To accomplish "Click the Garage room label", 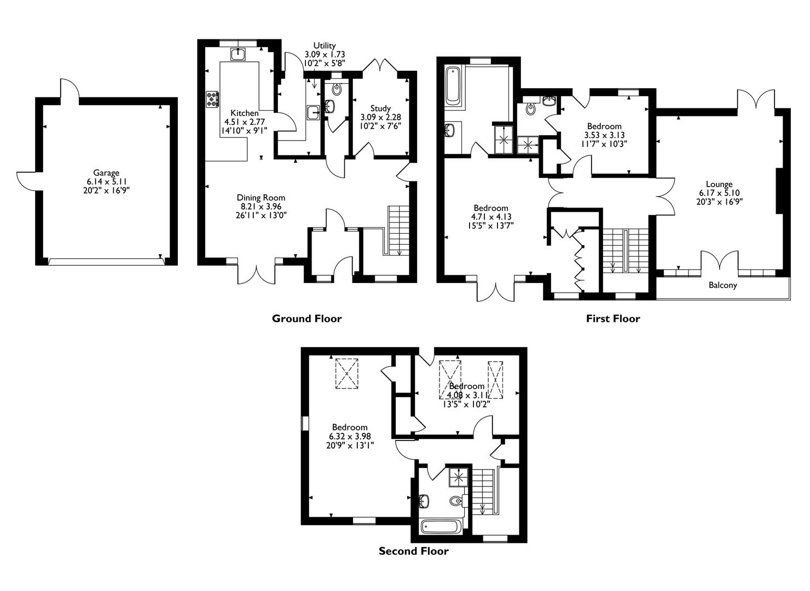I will (x=106, y=173).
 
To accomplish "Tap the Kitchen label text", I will (x=245, y=113).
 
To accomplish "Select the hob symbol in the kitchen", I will (x=212, y=99).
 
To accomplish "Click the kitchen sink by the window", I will (x=239, y=54).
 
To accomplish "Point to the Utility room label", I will (x=325, y=45).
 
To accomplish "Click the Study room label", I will (x=380, y=108).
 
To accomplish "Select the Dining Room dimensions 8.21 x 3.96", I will (x=261, y=206).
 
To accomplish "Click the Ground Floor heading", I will (x=306, y=318).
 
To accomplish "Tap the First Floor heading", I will (x=612, y=318).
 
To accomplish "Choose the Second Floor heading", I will (x=413, y=551).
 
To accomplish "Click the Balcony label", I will (x=722, y=285).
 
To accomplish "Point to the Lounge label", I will (x=719, y=184).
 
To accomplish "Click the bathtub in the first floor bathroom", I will (x=453, y=86).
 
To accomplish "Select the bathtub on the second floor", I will (x=441, y=527).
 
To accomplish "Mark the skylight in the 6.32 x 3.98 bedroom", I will (x=346, y=373).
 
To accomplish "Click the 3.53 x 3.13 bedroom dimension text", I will (x=604, y=135).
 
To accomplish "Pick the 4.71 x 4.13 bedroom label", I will (x=490, y=208).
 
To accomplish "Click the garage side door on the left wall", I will (x=26, y=180).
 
